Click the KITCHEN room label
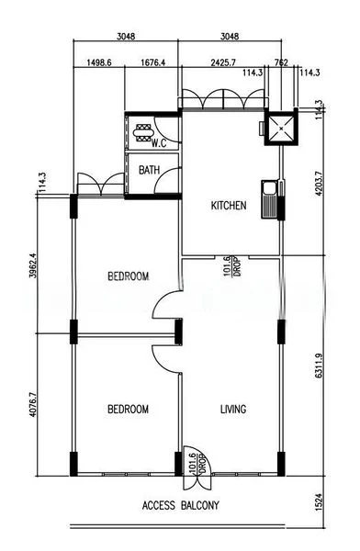229,206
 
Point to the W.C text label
158,142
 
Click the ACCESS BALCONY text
181,506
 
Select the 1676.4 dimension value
152,62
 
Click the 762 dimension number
281,62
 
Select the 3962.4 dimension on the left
33,267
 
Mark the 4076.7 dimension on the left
33,407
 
